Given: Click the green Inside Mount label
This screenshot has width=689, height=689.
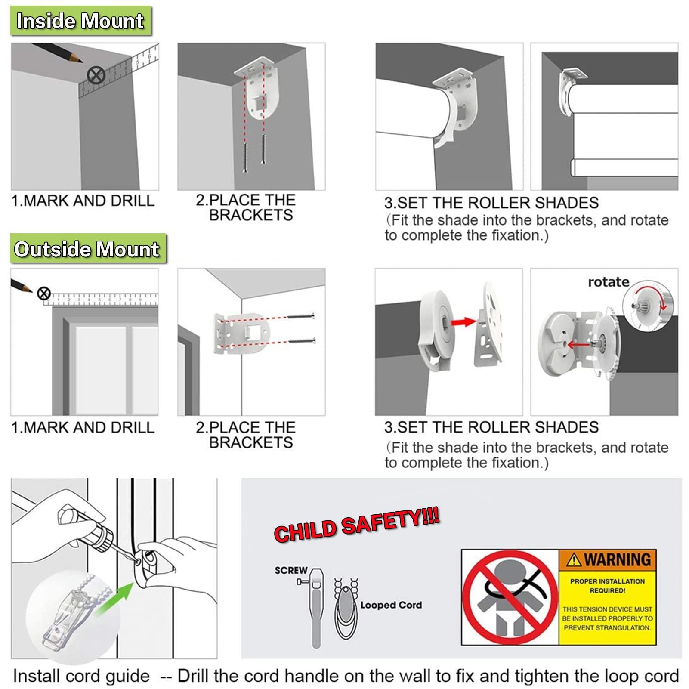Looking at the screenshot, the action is [80, 21].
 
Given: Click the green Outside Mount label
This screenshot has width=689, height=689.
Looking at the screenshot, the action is [88, 249].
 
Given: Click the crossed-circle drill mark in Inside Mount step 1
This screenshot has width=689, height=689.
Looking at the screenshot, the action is [96, 76].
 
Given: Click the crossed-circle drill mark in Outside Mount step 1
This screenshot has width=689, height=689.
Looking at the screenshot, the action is [43, 294].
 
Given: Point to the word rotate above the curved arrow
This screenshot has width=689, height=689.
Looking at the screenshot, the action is [609, 282].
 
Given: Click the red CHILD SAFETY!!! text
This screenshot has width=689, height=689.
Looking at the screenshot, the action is [357, 525].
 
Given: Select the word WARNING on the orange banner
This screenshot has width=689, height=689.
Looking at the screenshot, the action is [617, 559].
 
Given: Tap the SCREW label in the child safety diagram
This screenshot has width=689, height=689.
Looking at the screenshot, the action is [291, 570].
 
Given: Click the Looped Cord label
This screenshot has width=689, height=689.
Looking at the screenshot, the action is [391, 605].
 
